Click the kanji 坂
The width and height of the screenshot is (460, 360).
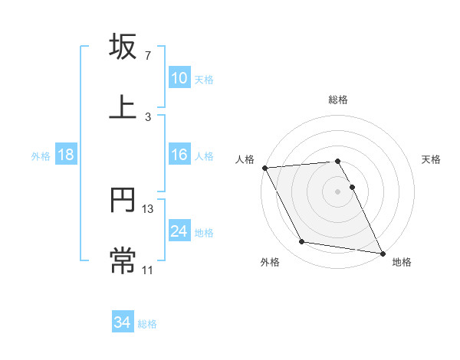pos(123,47)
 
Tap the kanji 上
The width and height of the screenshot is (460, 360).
pos(123,107)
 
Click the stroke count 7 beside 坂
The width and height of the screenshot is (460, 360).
pos(147,56)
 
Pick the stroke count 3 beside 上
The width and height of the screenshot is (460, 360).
pos(147,116)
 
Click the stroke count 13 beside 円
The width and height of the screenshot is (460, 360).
pos(148,209)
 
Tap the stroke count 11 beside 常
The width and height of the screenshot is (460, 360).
pos(148,269)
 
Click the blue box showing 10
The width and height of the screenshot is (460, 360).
pos(179,78)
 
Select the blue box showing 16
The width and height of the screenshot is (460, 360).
pos(179,155)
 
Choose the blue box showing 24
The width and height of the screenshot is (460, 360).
pos(179,231)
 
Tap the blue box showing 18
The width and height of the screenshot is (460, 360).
pos(66,155)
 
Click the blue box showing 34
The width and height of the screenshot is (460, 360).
pos(123,323)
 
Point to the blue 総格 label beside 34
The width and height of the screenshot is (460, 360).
pos(147,324)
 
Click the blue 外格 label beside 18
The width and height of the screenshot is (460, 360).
pos(41,156)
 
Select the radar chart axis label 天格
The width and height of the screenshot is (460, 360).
pos(431,159)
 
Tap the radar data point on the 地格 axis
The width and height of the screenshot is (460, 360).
pos(382,253)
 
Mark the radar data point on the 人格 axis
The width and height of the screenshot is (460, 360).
pos(264,167)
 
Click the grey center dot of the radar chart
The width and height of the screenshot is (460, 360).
pos(337,191)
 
